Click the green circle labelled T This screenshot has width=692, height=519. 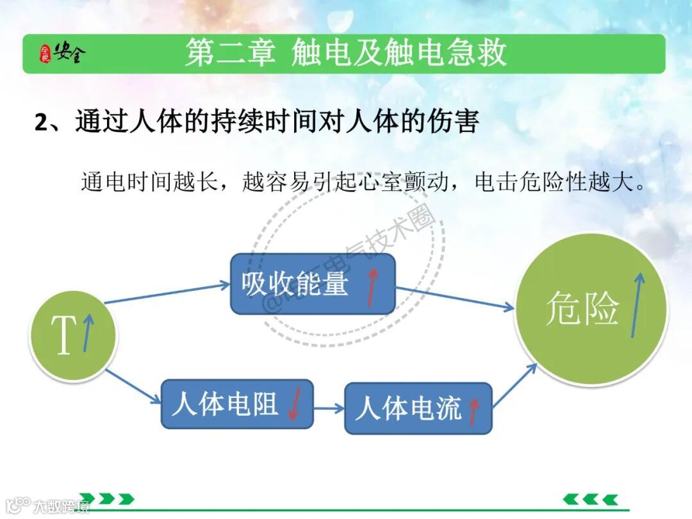pos(72,336)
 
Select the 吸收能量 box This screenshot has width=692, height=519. pos(313,284)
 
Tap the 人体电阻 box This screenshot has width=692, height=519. pos(236,404)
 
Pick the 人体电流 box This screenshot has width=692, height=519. pos(418,408)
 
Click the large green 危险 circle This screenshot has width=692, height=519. pos(591,309)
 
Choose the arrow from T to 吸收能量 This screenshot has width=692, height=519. pos(168,292)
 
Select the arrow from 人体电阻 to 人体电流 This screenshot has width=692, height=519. pos(329,408)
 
